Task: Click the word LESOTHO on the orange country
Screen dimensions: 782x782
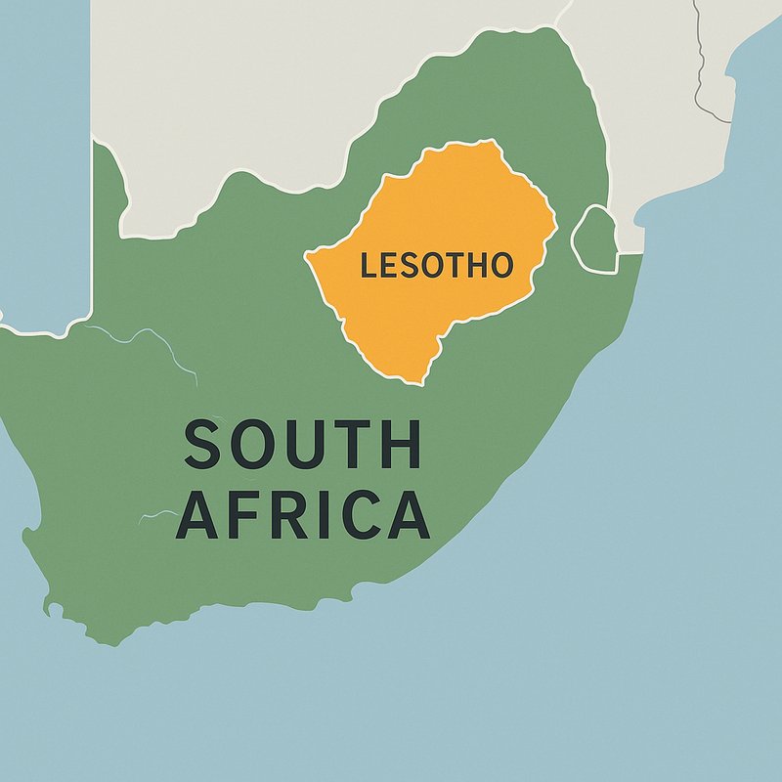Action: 436,265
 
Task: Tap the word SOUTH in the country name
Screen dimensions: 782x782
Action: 303,445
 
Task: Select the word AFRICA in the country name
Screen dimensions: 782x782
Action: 303,515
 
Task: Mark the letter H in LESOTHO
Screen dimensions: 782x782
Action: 477,265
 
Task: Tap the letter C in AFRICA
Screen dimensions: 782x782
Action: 361,515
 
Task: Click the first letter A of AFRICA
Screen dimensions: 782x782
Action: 197,515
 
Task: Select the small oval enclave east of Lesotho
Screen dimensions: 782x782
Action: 594,239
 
